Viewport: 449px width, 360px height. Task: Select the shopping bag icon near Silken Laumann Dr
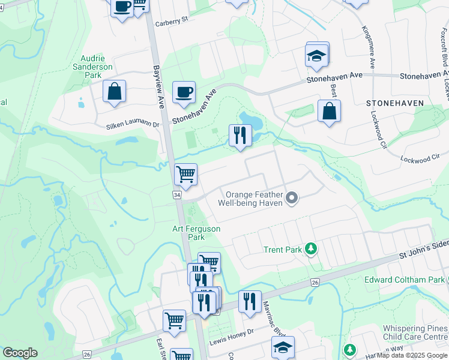pos(114,91)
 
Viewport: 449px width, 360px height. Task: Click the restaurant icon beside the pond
pos(240,135)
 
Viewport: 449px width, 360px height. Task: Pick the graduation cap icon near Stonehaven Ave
pos(316,57)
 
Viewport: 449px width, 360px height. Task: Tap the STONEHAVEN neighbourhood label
pos(395,103)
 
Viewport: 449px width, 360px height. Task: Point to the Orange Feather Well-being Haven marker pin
pos(292,197)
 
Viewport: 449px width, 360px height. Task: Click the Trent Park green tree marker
pos(311,248)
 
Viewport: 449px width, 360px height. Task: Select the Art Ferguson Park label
pos(196,233)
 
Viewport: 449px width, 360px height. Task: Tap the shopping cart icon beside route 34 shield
pos(186,175)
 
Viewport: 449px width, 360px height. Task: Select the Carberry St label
pos(172,19)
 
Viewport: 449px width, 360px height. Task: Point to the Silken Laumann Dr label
pos(134,126)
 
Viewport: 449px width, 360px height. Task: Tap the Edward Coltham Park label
pos(403,280)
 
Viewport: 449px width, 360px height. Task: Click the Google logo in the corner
pos(20,353)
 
